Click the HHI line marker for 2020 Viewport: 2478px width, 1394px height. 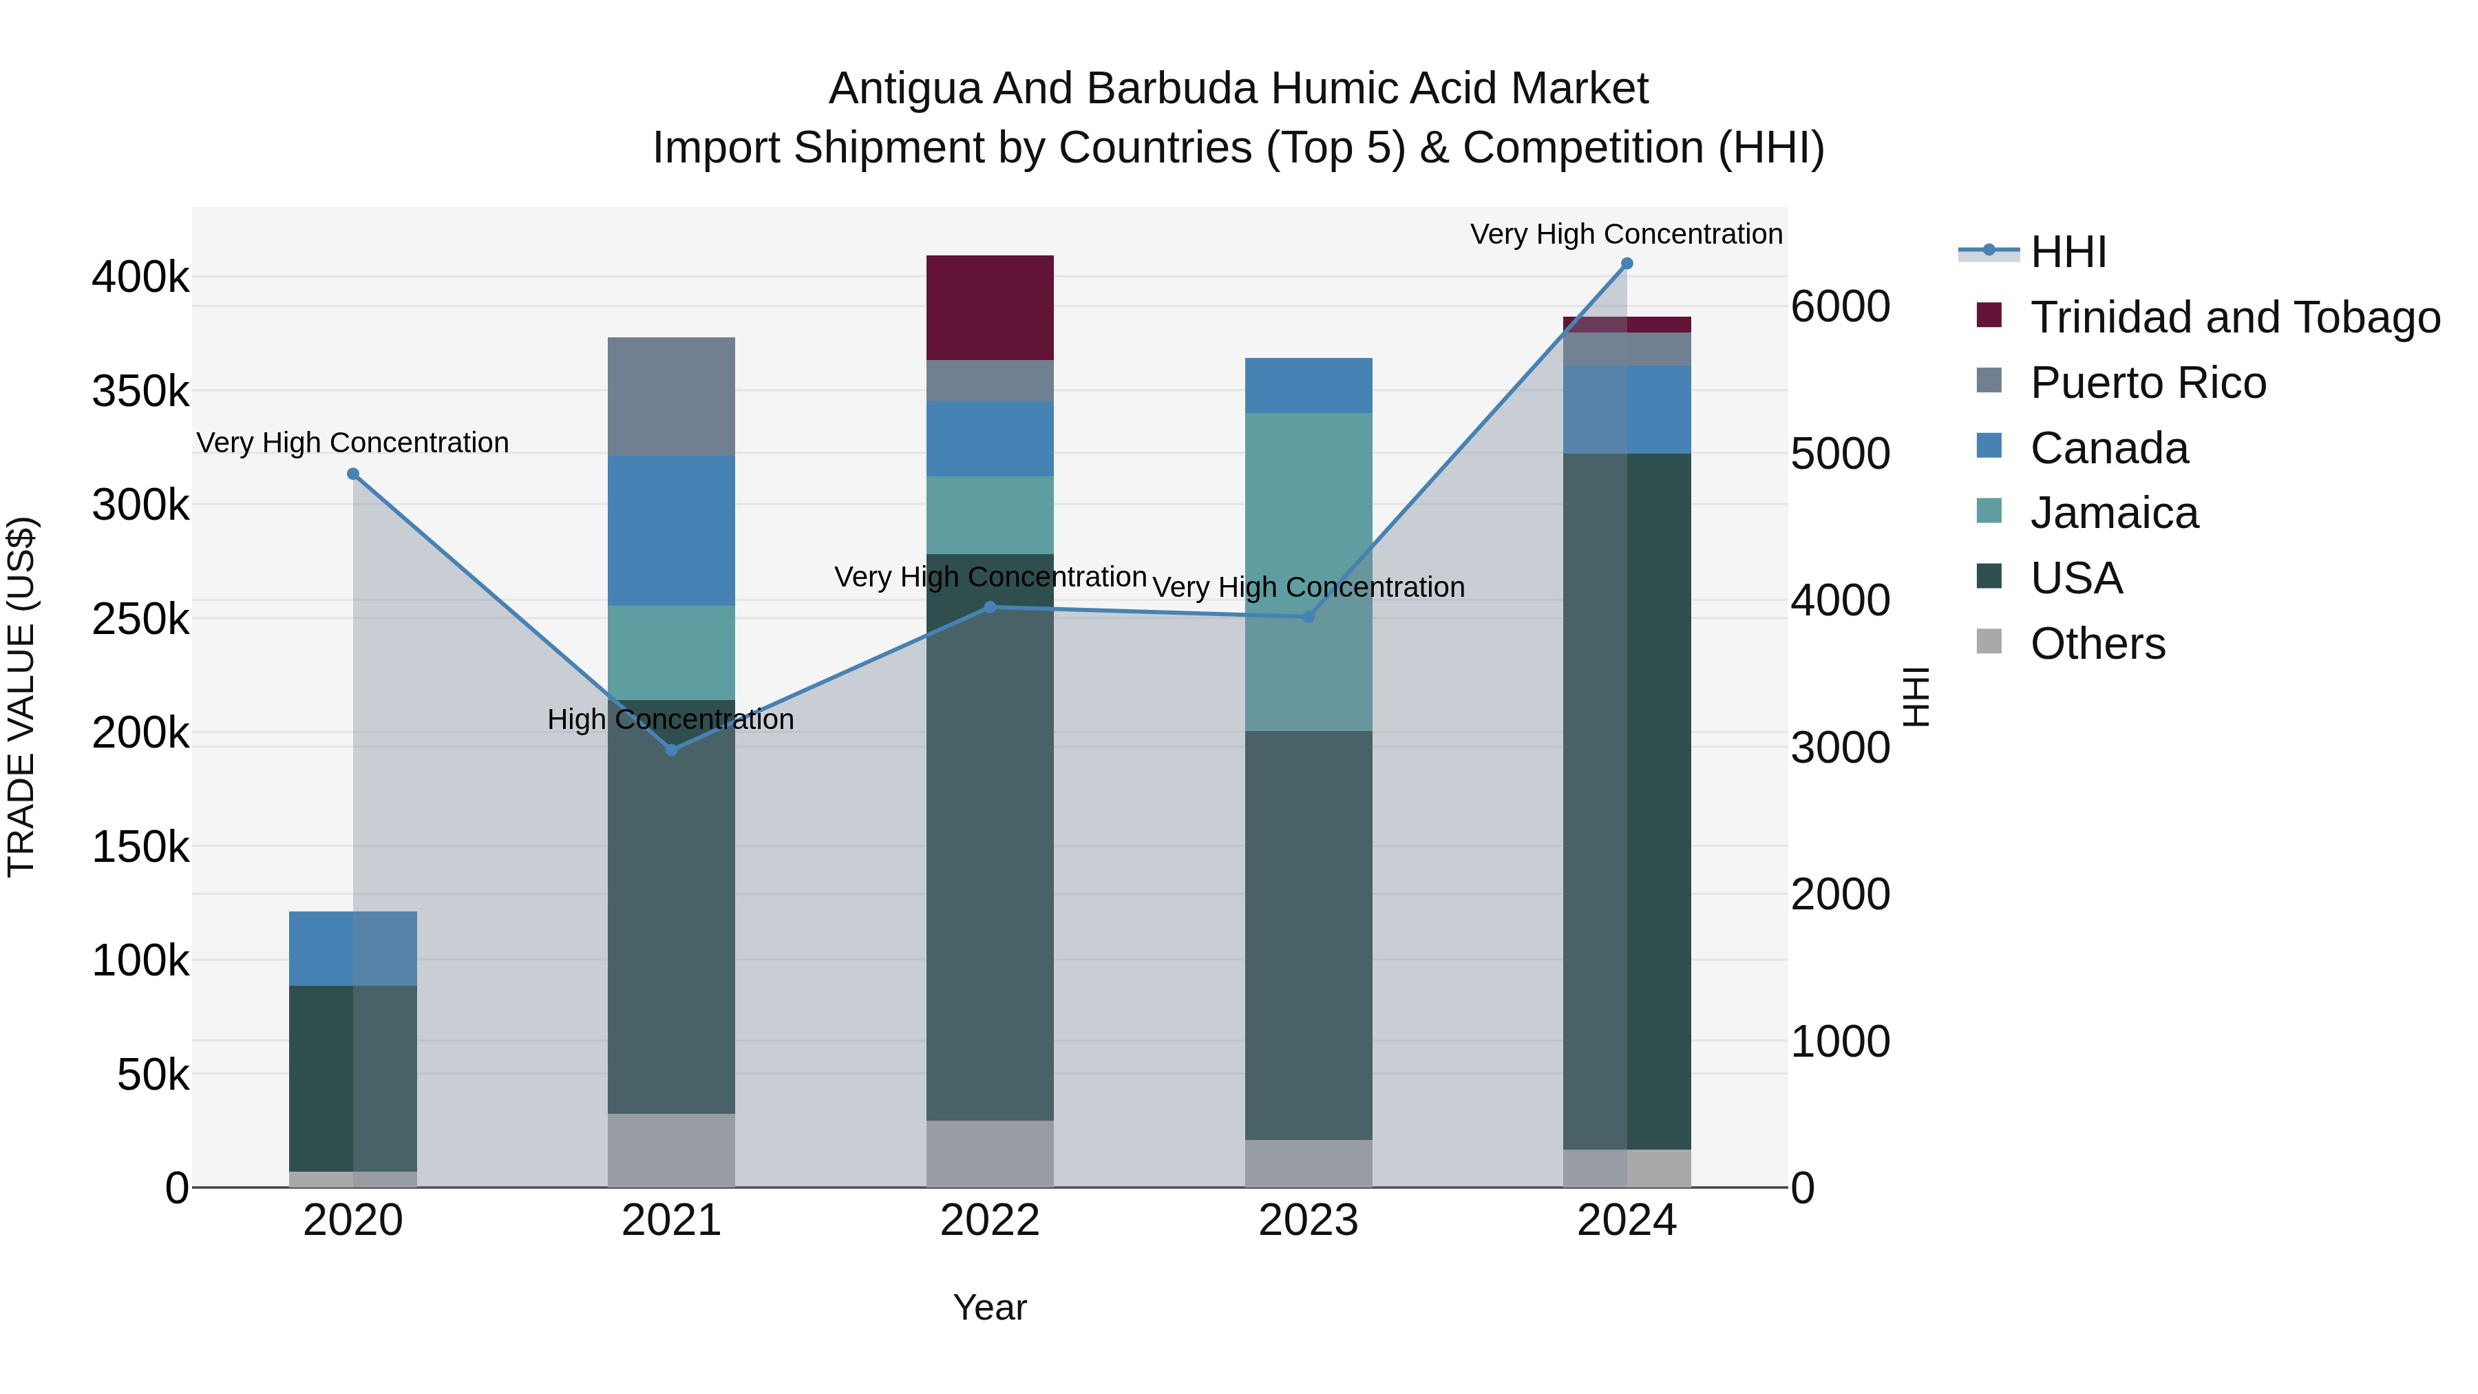click(353, 474)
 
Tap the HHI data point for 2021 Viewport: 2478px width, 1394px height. click(671, 750)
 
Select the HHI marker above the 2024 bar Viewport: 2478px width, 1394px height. click(1627, 264)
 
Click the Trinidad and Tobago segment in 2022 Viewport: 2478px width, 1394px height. click(990, 308)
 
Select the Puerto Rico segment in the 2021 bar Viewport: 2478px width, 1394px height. click(671, 397)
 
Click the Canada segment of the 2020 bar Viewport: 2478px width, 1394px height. click(353, 949)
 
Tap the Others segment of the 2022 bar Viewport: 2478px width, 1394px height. click(990, 1154)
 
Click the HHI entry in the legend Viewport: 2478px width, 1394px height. click(2068, 252)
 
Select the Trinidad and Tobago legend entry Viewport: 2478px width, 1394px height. click(2234, 317)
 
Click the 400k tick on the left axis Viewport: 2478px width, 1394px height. click(140, 278)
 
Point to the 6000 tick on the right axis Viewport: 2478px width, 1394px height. click(1840, 307)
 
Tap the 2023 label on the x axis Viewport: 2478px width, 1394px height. click(1309, 1221)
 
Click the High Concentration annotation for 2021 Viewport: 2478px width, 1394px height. click(670, 719)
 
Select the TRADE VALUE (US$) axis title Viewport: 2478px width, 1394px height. click(21, 697)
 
